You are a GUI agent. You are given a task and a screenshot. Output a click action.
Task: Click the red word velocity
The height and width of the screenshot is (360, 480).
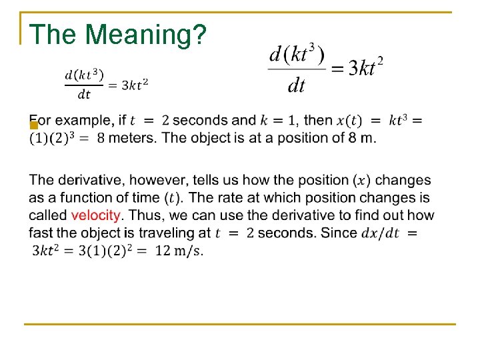[x=96, y=215]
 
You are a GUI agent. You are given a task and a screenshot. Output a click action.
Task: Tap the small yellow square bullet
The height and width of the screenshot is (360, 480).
[x=33, y=125]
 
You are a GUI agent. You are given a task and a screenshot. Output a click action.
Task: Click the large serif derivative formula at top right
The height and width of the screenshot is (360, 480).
[x=325, y=69]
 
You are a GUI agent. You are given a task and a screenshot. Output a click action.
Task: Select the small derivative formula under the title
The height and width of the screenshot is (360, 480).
[x=106, y=84]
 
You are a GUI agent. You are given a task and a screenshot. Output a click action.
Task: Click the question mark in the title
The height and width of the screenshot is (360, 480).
[x=198, y=34]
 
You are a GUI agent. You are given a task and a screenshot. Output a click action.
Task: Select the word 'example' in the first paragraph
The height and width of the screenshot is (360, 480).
[x=84, y=121]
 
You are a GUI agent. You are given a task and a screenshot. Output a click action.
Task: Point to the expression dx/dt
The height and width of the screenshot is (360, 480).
[x=379, y=233]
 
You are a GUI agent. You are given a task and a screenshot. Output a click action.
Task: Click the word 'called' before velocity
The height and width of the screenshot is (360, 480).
[x=48, y=215]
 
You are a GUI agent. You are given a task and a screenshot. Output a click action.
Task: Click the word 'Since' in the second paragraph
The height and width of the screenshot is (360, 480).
[x=338, y=233]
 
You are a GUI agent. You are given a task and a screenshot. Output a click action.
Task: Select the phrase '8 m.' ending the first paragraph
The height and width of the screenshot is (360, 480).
[x=361, y=138]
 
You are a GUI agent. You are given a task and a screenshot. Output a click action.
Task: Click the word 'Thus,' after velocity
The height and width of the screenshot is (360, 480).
[x=143, y=215]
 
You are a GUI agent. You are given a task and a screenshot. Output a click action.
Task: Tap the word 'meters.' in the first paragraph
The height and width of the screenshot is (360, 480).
[x=133, y=138]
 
